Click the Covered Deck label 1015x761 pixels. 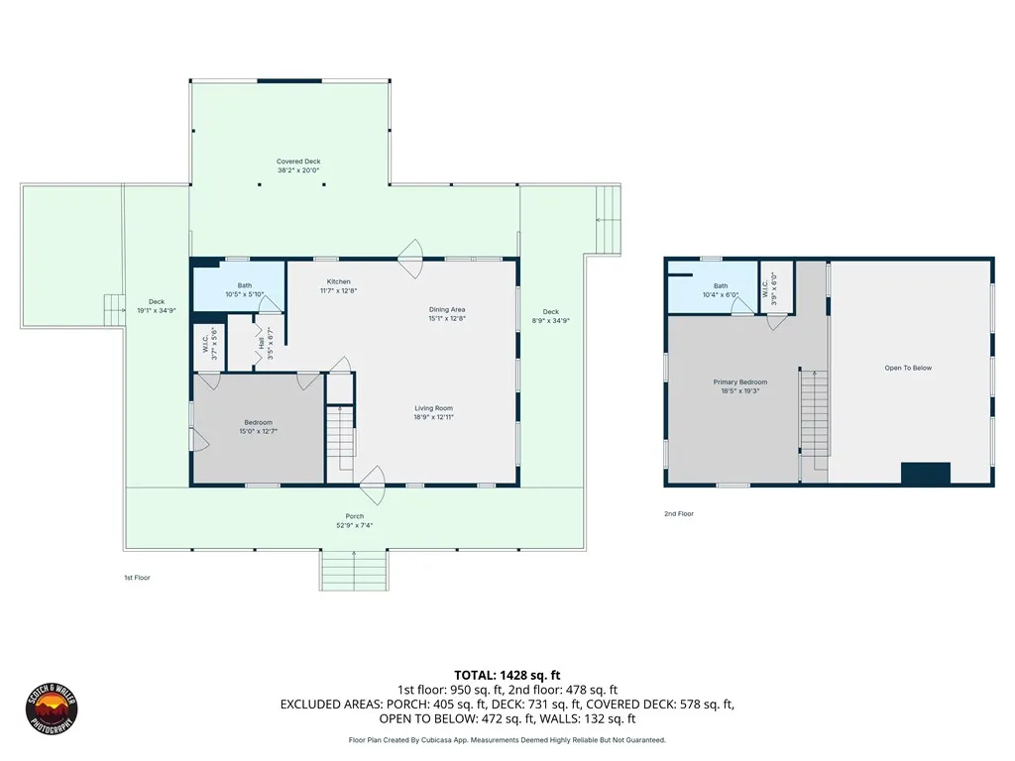pos(298,162)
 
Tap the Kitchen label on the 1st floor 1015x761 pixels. pos(339,281)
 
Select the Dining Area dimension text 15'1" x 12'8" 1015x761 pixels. pos(447,318)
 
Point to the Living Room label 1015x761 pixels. pos(434,408)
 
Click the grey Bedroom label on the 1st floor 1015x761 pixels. pos(259,422)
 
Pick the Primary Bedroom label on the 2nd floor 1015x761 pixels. pos(740,382)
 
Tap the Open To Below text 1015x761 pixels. pos(908,369)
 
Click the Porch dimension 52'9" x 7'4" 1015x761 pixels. pos(355,525)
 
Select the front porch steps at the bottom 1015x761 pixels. pos(354,570)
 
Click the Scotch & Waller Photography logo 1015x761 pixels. pos(52,708)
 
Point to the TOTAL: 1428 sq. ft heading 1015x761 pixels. pos(507,676)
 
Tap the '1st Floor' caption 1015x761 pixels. pos(137,578)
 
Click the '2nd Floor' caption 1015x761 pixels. pos(679,514)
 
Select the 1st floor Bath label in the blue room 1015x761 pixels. pos(245,285)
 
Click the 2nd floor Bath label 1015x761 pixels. pos(721,286)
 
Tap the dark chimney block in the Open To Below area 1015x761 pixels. pos(926,473)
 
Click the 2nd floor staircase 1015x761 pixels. pos(815,413)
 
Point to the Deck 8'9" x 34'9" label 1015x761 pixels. pos(551,312)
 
